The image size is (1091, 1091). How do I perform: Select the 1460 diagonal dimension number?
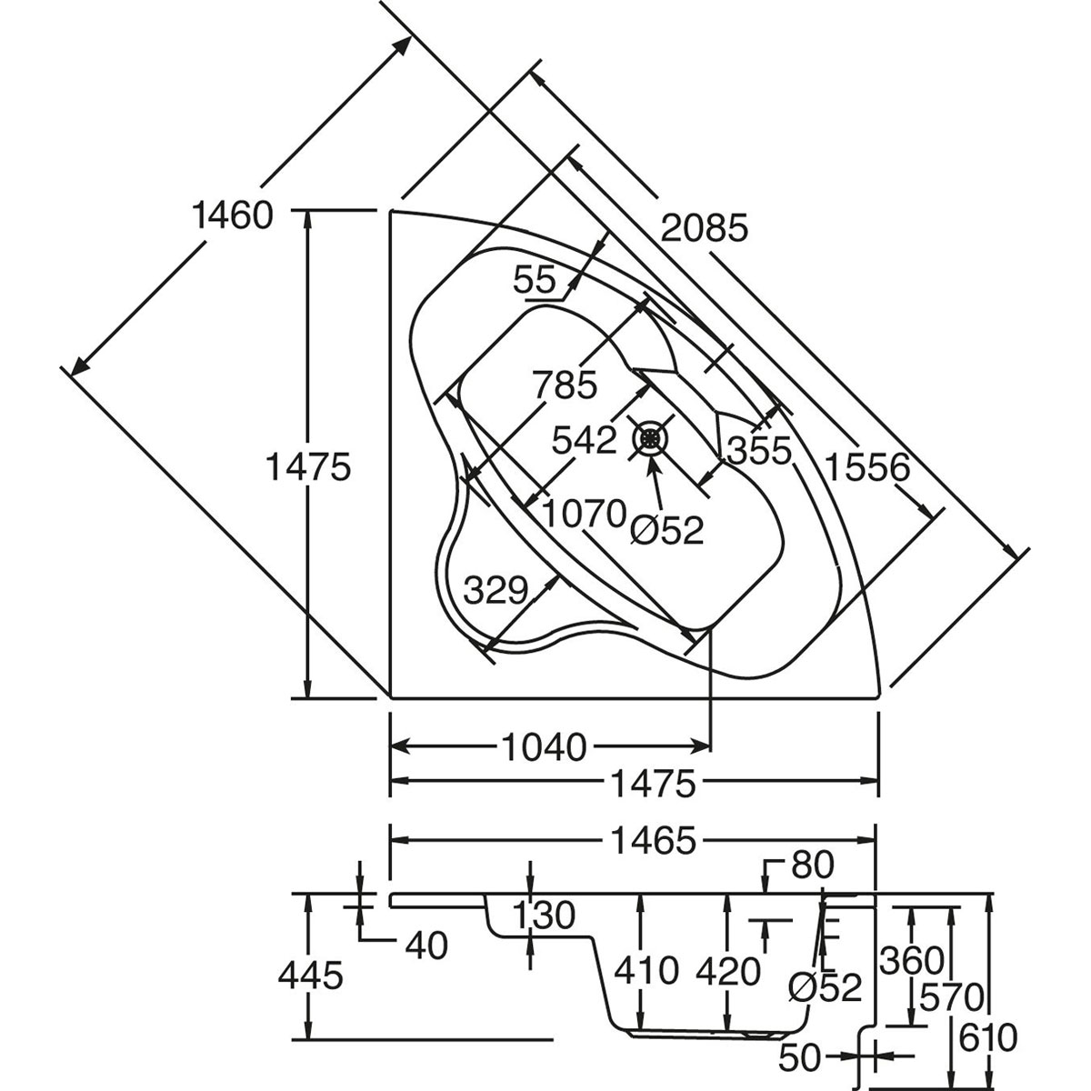click(233, 216)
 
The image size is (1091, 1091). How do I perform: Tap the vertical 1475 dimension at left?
click(307, 467)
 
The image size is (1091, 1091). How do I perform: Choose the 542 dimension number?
click(586, 441)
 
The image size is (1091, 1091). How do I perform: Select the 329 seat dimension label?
click(495, 590)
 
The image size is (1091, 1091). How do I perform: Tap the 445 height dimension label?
click(311, 976)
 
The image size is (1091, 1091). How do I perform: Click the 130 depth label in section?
click(544, 916)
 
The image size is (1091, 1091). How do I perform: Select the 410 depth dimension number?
click(646, 971)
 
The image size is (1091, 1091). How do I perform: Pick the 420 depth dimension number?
click(728, 971)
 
